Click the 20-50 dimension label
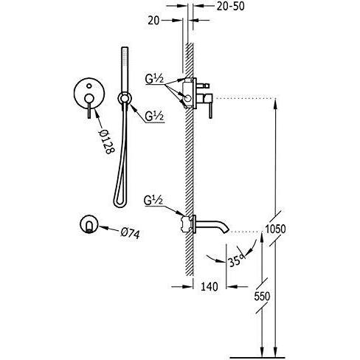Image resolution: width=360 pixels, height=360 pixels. (x=231, y=7)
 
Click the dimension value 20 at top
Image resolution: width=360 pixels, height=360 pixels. (x=153, y=21)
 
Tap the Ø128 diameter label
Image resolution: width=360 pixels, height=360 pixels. (x=106, y=142)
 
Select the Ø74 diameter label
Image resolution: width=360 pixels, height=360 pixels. (x=130, y=233)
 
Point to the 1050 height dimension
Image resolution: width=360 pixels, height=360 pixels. (x=275, y=229)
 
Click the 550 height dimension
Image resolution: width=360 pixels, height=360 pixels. (x=262, y=296)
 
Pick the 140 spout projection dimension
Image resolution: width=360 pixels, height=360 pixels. (x=210, y=286)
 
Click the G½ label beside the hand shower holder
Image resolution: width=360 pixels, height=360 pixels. (x=154, y=117)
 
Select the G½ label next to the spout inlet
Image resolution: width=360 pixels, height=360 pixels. (x=153, y=201)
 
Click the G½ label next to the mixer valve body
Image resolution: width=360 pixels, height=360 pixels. (x=154, y=79)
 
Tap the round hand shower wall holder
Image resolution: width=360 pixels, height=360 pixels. (x=125, y=99)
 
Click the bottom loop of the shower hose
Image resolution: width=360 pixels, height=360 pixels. (x=120, y=204)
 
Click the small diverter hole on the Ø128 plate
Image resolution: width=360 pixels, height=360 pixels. (x=89, y=86)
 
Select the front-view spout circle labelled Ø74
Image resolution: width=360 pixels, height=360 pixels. (x=89, y=224)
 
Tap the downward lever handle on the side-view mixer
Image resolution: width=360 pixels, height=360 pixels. (x=210, y=111)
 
